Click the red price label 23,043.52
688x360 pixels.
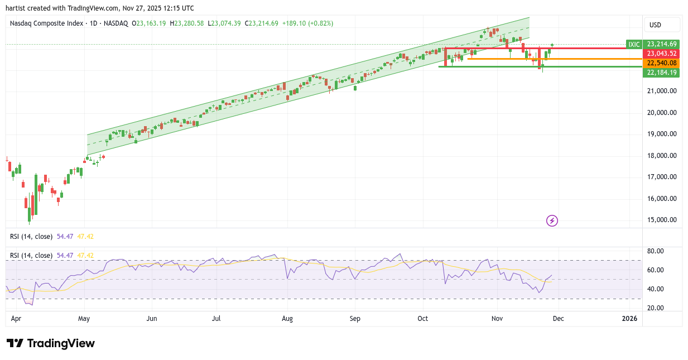coord(661,54)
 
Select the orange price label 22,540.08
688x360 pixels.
coord(661,63)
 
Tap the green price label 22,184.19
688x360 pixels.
coord(661,73)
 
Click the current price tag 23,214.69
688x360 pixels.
coord(661,44)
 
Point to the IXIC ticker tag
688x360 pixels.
coord(634,44)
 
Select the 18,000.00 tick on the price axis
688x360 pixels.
coord(661,156)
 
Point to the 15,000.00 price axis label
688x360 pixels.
coord(661,220)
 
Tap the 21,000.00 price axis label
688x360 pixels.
coord(661,91)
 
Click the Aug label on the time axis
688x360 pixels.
coord(287,319)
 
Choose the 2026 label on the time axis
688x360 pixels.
coord(629,319)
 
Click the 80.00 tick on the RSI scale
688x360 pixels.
coord(656,251)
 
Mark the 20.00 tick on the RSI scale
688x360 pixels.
coord(656,308)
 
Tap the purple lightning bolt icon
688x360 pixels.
coord(552,220)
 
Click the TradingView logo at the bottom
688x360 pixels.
coord(51,343)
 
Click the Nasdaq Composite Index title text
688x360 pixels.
coord(46,23)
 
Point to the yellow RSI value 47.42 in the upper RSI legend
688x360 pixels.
coord(85,237)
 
